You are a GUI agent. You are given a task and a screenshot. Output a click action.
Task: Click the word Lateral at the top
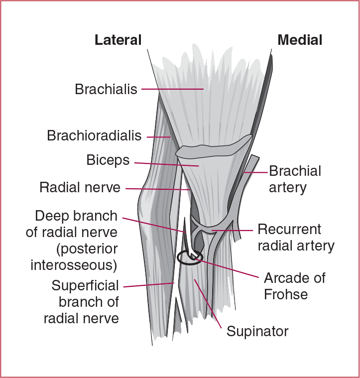click(118, 40)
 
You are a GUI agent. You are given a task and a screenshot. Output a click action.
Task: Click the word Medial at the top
click(300, 40)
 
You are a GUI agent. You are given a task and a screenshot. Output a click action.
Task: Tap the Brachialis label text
click(106, 89)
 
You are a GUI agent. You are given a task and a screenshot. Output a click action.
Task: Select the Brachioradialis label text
click(94, 135)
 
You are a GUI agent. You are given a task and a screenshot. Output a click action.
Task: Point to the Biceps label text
click(108, 160)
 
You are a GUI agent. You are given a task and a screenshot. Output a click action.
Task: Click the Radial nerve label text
click(80, 188)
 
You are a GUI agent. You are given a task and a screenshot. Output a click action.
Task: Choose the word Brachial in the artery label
click(295, 171)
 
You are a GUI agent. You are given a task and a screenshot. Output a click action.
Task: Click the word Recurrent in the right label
click(289, 230)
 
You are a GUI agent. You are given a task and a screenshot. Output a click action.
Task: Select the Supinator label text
click(257, 331)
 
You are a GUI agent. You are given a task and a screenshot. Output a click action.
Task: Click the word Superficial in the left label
click(85, 286)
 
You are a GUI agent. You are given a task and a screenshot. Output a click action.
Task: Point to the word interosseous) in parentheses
click(74, 265)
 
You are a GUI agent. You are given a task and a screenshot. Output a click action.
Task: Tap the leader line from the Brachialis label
click(172, 89)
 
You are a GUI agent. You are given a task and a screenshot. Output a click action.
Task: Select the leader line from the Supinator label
click(208, 304)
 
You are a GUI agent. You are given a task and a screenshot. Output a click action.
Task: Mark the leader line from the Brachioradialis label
click(158, 136)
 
